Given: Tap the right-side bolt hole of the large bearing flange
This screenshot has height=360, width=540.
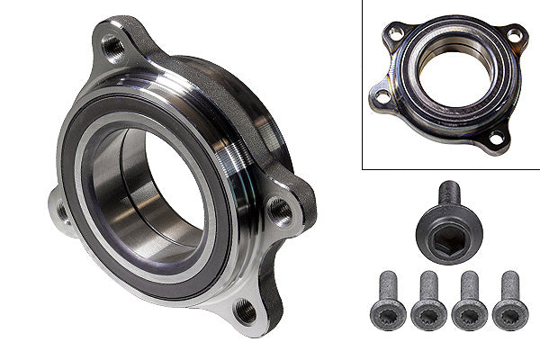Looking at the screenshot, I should (x=280, y=212).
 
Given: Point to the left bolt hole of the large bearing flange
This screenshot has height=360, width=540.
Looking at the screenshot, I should (x=62, y=211).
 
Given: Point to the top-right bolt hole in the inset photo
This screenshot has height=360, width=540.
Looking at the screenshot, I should (x=513, y=35).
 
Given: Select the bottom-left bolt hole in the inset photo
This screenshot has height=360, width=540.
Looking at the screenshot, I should (x=382, y=95).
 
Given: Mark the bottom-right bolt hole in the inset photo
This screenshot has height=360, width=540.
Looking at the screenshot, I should (x=494, y=139).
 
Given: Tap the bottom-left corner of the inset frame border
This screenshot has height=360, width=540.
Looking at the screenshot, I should (x=363, y=168).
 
